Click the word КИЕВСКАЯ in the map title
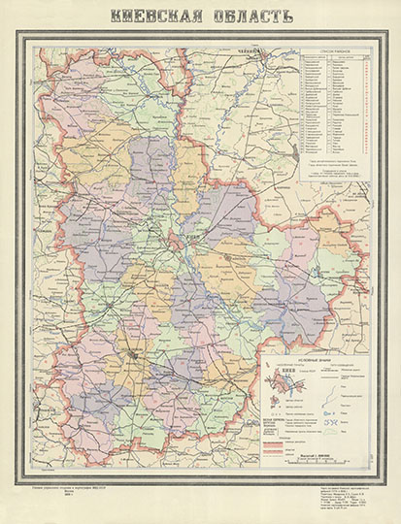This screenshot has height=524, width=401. [154, 16]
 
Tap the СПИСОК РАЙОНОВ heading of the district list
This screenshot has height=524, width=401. [335, 50]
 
